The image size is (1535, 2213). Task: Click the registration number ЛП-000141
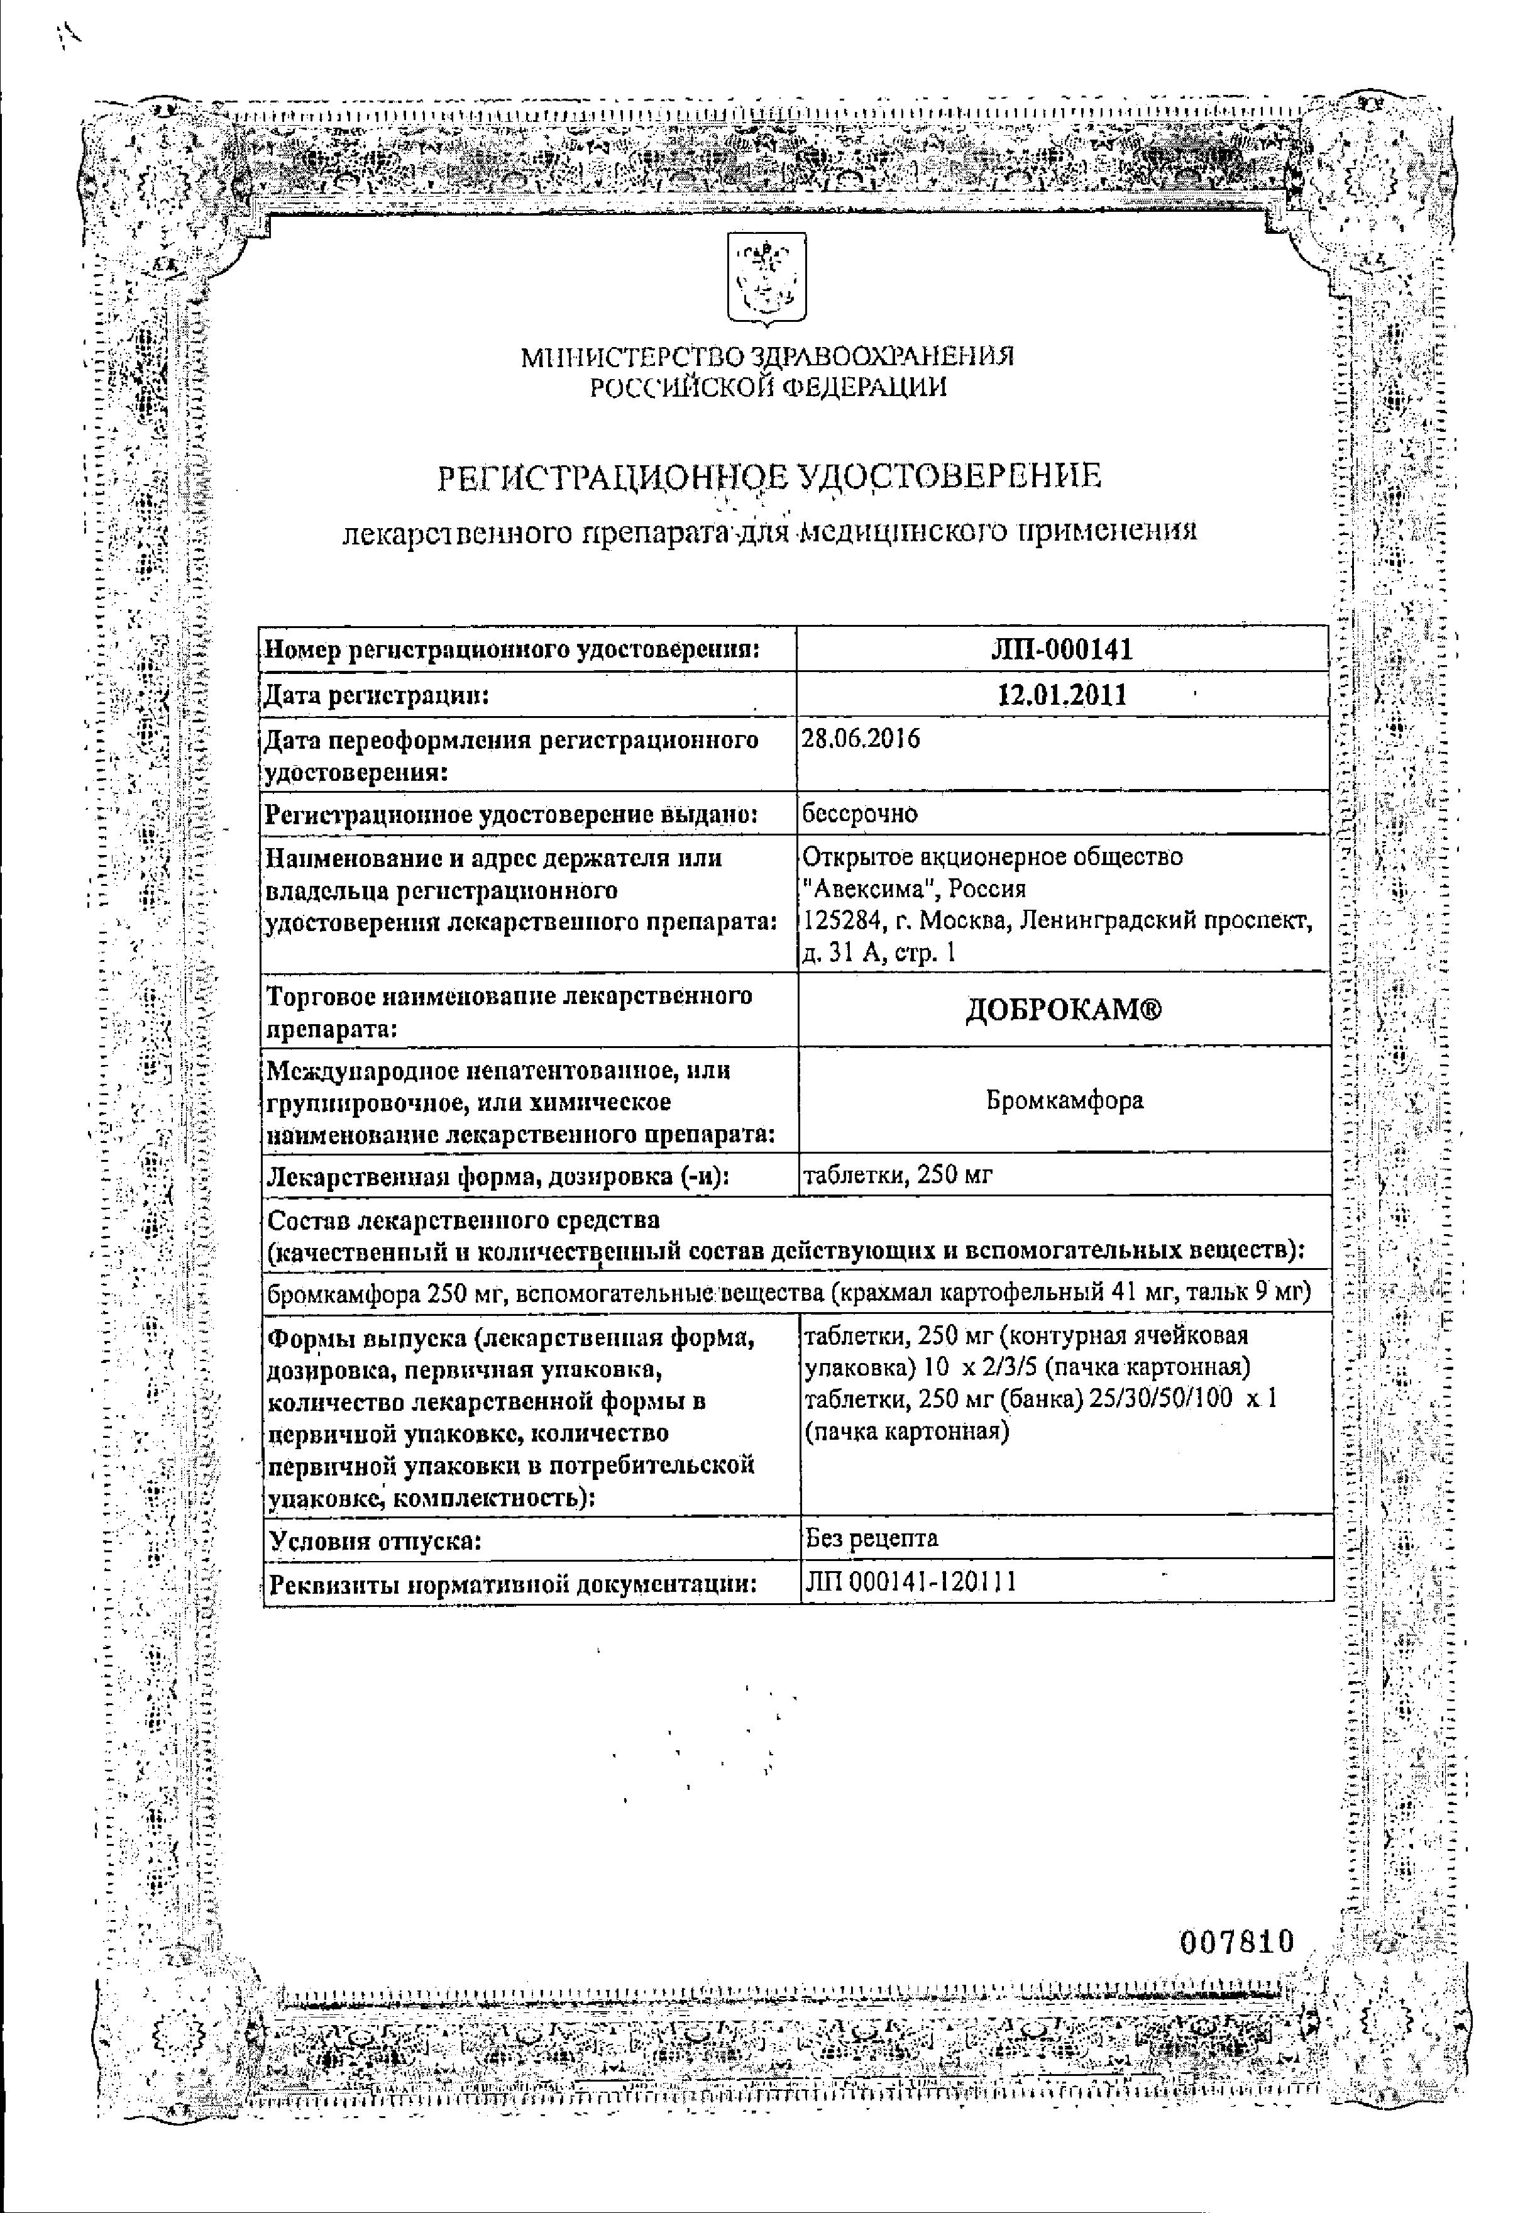[x=1063, y=649]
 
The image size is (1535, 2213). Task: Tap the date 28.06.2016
[x=861, y=739]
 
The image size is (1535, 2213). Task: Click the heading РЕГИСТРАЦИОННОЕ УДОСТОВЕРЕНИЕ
[x=769, y=477]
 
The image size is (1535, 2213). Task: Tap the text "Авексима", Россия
[x=915, y=889]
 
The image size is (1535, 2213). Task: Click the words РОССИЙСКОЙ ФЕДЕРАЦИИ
[x=766, y=387]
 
